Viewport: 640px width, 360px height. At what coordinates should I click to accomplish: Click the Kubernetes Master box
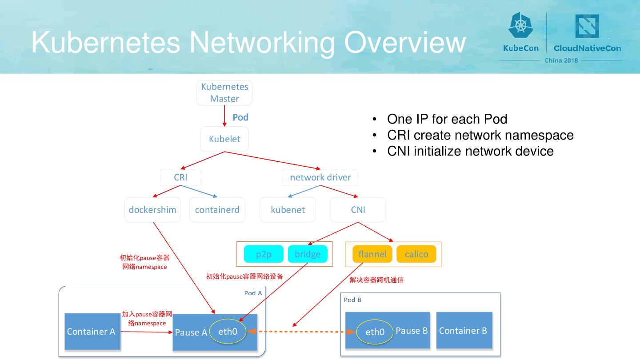click(224, 93)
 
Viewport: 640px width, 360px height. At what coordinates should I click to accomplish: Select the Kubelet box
click(224, 139)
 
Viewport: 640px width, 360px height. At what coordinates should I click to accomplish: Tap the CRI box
click(180, 177)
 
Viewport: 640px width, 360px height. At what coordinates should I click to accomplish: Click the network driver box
click(320, 177)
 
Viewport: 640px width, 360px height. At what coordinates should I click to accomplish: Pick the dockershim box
click(152, 210)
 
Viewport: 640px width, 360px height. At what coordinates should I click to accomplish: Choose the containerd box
click(217, 210)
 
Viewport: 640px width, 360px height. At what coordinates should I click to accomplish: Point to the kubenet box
click(288, 210)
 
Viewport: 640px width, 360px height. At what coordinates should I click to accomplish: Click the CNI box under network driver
click(358, 210)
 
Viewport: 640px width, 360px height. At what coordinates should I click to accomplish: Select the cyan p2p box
click(264, 254)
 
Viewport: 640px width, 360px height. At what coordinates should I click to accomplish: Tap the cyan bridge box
click(308, 254)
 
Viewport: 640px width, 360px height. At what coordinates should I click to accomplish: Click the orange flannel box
click(372, 254)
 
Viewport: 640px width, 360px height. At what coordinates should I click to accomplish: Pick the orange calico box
click(416, 254)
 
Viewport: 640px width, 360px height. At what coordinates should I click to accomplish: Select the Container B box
click(464, 331)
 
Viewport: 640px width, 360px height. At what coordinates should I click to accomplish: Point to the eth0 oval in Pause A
click(228, 332)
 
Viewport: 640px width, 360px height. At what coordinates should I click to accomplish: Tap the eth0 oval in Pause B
click(375, 332)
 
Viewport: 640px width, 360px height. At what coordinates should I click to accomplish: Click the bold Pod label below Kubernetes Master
click(240, 117)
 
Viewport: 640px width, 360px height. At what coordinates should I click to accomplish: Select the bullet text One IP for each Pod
click(447, 119)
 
